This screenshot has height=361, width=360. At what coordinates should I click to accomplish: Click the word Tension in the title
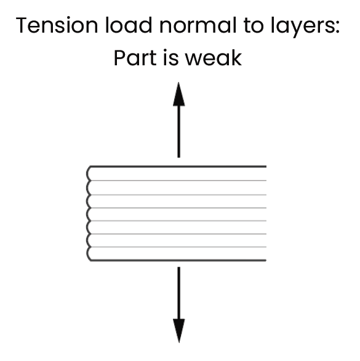tap(57, 25)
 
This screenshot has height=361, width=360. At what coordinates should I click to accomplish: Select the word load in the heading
tap(129, 25)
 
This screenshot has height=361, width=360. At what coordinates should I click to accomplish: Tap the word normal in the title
tap(198, 25)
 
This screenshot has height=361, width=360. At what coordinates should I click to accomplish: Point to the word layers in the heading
tap(301, 27)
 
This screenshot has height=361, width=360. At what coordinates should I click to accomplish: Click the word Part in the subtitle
tap(135, 58)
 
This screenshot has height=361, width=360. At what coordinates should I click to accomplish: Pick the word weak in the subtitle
tap(214, 58)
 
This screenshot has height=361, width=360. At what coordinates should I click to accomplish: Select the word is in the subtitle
tap(171, 58)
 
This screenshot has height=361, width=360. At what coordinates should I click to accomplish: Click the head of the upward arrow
tap(178, 94)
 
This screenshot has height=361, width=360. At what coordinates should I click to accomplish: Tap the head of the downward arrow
tap(178, 331)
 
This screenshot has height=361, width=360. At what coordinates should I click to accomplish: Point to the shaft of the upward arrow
tap(178, 132)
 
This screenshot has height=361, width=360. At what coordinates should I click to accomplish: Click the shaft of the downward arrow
tap(178, 293)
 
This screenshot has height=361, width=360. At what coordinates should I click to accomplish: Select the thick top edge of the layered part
tap(178, 166)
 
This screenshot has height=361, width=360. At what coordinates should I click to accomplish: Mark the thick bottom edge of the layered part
tap(178, 261)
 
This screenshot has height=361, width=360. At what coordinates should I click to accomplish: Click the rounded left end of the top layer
tap(87, 174)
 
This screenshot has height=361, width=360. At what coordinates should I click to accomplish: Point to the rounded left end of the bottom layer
tap(87, 254)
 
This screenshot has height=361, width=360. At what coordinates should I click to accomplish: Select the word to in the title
tap(254, 26)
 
